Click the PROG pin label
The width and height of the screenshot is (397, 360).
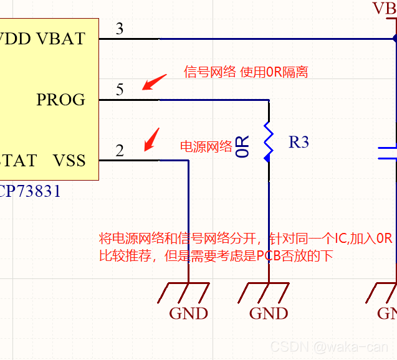click(60, 100)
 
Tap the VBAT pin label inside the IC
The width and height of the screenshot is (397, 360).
click(61, 39)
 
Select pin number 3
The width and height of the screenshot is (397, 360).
click(120, 29)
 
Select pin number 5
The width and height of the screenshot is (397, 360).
click(120, 90)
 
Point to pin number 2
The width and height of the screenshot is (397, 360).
click(120, 151)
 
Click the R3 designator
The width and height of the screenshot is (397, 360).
click(299, 142)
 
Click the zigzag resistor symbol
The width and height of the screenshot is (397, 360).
click(269, 141)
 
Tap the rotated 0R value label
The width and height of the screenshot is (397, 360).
click(244, 146)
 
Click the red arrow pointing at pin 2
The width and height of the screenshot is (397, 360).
click(151, 139)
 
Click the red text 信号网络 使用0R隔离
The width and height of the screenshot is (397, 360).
click(246, 72)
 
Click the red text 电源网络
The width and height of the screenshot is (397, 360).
click(206, 146)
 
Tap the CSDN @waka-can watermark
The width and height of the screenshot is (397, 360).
click(330, 346)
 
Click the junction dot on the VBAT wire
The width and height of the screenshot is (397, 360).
click(395, 39)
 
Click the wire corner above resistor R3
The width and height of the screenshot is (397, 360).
click(269, 100)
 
